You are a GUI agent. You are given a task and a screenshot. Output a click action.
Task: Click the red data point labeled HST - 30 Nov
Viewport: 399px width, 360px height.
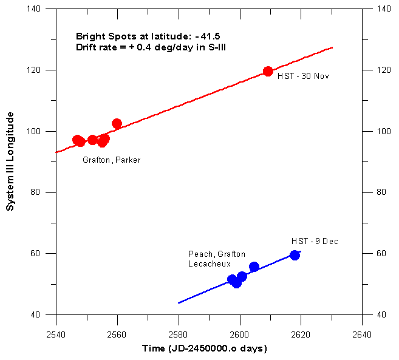tap(268, 72)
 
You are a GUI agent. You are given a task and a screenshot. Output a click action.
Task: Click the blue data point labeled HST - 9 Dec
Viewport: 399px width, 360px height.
tap(295, 255)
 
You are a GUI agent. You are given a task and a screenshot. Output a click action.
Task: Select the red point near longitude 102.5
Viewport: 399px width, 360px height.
tap(117, 124)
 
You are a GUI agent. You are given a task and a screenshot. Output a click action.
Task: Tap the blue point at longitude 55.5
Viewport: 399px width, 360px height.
tap(254, 267)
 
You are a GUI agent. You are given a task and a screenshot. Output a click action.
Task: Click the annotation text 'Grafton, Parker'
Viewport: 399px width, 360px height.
tap(111, 160)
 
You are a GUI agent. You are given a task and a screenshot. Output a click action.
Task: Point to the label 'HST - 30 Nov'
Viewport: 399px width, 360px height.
tap(303, 76)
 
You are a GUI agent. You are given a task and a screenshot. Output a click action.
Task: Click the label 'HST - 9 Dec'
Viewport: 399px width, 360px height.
tap(315, 242)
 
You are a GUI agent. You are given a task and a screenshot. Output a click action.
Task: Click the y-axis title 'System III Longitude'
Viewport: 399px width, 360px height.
tap(10, 164)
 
